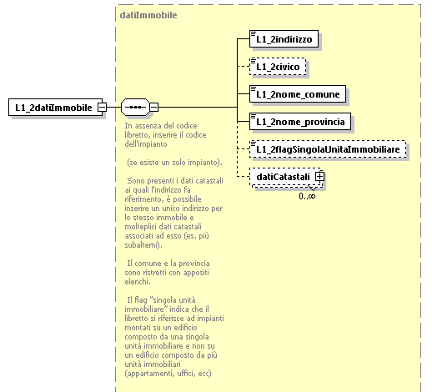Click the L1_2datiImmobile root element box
[53, 108]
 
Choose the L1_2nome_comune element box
[299, 94]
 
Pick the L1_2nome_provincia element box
[300, 122]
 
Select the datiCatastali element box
[284, 177]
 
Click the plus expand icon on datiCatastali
[319, 177]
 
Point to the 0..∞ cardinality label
[307, 195]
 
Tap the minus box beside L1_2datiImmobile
[102, 108]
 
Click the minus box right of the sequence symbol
[153, 108]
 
